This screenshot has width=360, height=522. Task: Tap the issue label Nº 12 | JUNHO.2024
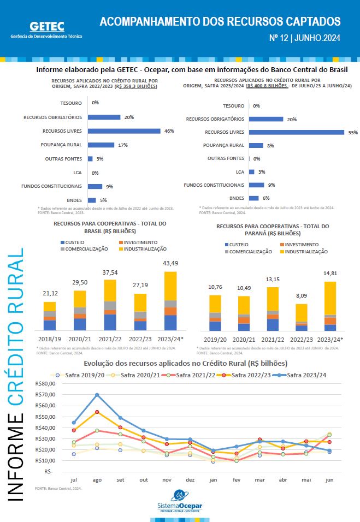point(305,38)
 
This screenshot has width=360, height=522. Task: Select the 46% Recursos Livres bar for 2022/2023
point(124,131)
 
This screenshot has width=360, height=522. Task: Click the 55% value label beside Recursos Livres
point(352,132)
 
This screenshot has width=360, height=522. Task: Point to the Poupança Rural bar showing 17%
point(101,145)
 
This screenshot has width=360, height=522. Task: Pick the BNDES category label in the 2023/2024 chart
point(237,198)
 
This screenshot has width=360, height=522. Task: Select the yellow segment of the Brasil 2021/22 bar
point(110,290)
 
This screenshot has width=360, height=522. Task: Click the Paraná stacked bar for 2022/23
point(302,317)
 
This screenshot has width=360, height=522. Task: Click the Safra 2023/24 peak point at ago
point(97,394)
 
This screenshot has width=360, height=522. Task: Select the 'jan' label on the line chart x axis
point(213,480)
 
